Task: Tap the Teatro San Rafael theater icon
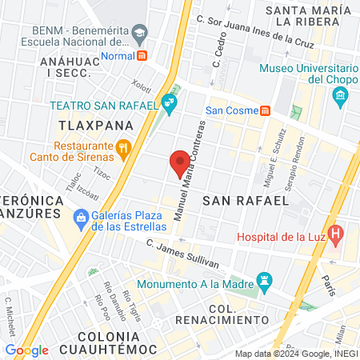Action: (169, 102)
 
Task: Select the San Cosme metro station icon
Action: (265, 110)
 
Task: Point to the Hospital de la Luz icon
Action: (336, 236)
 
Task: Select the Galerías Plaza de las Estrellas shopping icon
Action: (80, 217)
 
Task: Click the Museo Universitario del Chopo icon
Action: (342, 98)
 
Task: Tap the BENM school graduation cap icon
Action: (140, 34)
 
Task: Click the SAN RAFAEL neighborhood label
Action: (245, 200)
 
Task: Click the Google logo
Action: (26, 350)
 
